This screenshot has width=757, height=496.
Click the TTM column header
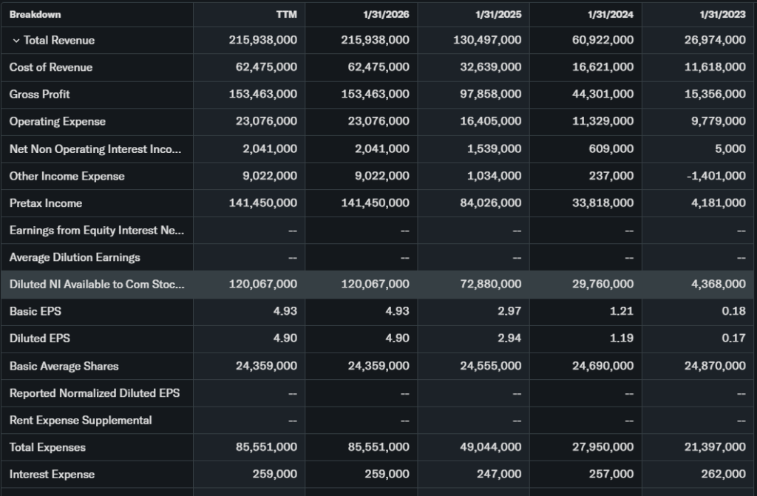tap(288, 14)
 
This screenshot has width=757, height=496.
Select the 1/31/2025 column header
tap(498, 14)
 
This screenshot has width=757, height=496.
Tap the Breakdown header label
tap(35, 14)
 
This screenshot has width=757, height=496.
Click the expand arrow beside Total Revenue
tap(16, 41)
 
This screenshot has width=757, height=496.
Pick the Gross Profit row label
tap(39, 95)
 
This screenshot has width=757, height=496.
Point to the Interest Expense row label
tap(52, 475)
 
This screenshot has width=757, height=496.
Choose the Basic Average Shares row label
tap(64, 366)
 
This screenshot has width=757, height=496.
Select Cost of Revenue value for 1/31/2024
tap(602, 67)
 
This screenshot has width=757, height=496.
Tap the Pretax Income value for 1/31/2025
tap(490, 203)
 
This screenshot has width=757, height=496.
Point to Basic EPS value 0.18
tap(733, 311)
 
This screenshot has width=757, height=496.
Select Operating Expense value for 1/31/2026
tap(378, 122)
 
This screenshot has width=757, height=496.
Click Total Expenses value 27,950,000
tap(602, 447)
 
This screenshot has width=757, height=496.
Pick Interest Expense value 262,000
tap(724, 475)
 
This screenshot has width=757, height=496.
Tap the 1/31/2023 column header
tap(722, 14)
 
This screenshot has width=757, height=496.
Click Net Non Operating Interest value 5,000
tap(730, 149)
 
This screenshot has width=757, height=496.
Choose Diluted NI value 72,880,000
tap(490, 285)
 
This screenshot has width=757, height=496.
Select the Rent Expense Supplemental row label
tap(81, 421)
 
